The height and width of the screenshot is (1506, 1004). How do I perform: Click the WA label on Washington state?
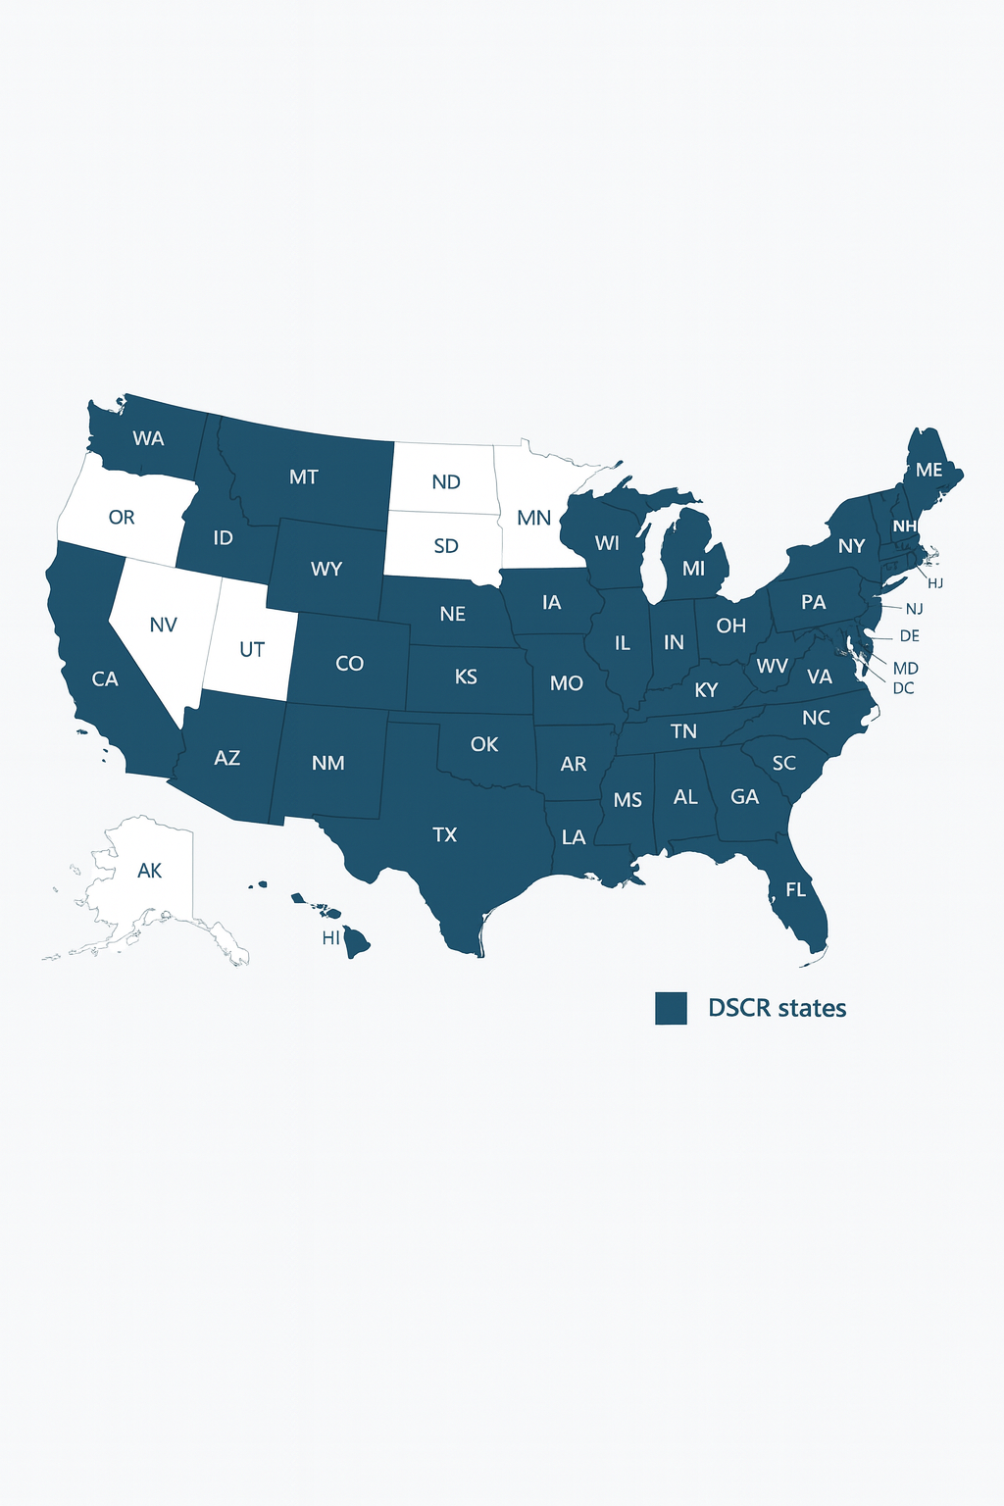(x=148, y=438)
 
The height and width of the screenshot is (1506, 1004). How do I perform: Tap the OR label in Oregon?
(x=122, y=517)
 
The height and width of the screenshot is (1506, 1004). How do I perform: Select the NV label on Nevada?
(x=163, y=625)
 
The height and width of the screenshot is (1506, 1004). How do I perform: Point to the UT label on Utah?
(x=252, y=649)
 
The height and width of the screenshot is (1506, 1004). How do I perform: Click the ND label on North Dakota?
(x=446, y=481)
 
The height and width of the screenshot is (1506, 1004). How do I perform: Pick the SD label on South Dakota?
(x=446, y=546)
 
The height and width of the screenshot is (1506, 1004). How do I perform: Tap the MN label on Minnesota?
(x=533, y=518)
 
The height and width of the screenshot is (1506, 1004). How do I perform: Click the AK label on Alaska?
(x=149, y=870)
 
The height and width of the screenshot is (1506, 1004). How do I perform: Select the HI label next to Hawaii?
(x=331, y=938)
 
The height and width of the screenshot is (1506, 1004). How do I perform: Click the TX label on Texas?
(x=445, y=834)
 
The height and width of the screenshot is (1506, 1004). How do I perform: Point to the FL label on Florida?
(x=795, y=890)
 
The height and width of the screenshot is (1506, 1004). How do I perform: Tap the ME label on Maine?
(x=929, y=470)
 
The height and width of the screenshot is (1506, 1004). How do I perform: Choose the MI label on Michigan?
(x=693, y=569)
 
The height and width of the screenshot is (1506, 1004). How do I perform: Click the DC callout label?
(x=903, y=688)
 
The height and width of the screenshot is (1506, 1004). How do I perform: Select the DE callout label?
(x=909, y=635)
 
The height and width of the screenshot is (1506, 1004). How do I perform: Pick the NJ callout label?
(x=914, y=609)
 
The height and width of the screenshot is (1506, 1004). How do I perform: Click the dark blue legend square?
(x=671, y=1008)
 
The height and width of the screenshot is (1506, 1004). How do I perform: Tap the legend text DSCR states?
(x=777, y=1008)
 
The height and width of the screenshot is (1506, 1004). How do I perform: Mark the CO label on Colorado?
(x=349, y=664)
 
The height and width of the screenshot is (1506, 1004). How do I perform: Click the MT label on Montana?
(x=304, y=477)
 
